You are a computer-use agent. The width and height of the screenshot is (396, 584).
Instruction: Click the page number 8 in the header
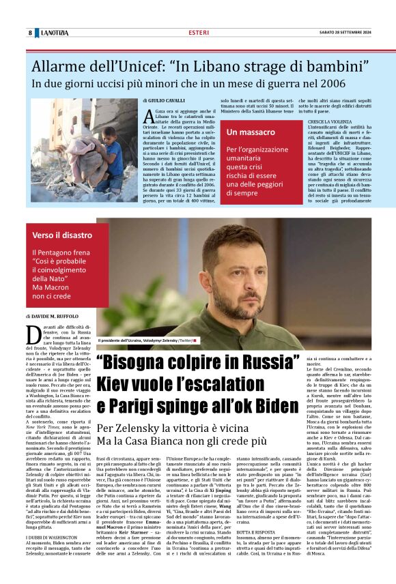coord(30,33)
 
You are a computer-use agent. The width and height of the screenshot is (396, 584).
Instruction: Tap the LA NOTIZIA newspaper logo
coord(53,33)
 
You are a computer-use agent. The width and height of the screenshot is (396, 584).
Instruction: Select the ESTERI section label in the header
coord(199,33)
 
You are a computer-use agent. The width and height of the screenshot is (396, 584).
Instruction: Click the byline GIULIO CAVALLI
coord(166,100)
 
